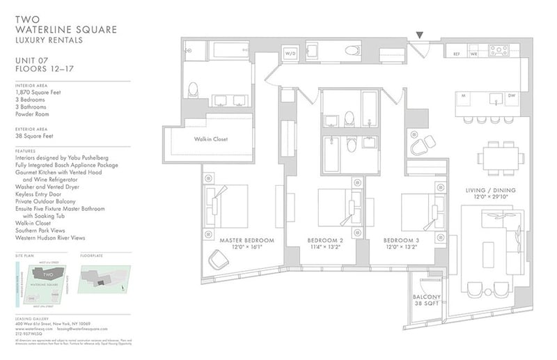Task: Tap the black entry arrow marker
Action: [x=419, y=34]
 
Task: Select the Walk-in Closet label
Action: [x=211, y=139]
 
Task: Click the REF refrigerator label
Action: [x=457, y=54]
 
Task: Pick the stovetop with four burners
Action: [x=499, y=50]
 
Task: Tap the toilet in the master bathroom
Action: [x=194, y=89]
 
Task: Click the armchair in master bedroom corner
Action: [x=218, y=260]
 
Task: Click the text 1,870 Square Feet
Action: [x=37, y=93]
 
